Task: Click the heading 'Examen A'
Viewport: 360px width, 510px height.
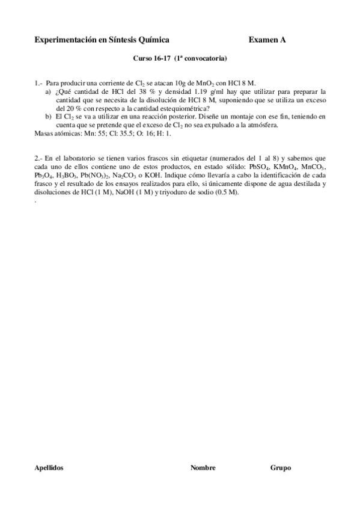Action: pos(267,40)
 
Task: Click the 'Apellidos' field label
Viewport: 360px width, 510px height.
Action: pos(50,467)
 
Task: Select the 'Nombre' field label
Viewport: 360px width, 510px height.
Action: pos(203,467)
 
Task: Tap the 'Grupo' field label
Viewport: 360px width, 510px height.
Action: pos(281,467)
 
